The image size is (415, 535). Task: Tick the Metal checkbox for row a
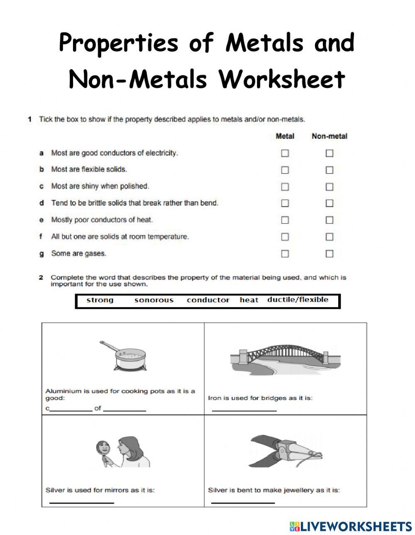(x=285, y=153)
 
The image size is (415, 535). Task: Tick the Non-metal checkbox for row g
(x=330, y=254)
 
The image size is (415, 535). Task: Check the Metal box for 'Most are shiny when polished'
(x=285, y=187)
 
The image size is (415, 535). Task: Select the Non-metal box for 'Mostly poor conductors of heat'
(x=330, y=220)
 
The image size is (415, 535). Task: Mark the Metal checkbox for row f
(x=285, y=237)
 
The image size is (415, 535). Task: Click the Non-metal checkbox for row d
(x=330, y=203)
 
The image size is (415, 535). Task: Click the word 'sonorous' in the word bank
(x=154, y=300)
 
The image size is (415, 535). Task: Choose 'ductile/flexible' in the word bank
(x=298, y=300)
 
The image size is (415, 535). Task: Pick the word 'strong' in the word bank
(x=100, y=300)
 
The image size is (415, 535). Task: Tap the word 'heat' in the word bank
(x=249, y=300)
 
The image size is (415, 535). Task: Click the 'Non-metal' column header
(x=330, y=136)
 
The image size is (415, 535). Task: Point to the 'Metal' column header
(x=285, y=136)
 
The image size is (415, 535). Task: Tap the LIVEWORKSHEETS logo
(x=351, y=526)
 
